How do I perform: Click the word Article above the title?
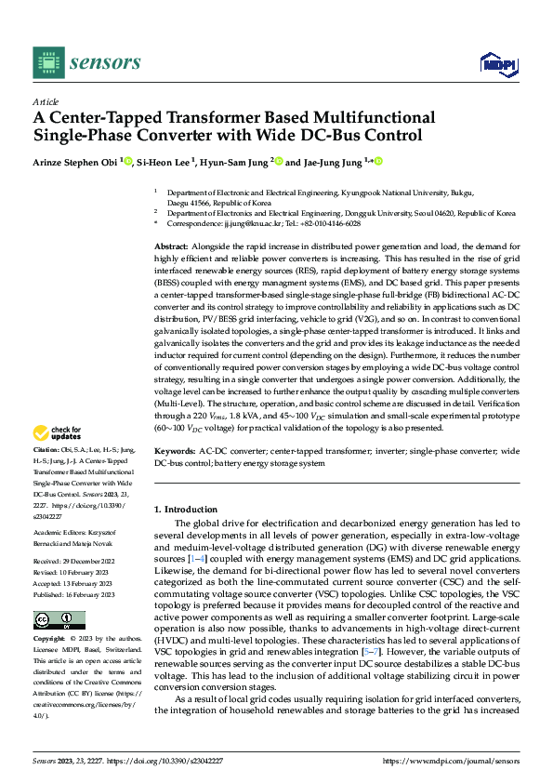(46, 101)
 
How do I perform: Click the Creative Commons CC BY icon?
(59, 620)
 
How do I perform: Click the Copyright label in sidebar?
(51, 641)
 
